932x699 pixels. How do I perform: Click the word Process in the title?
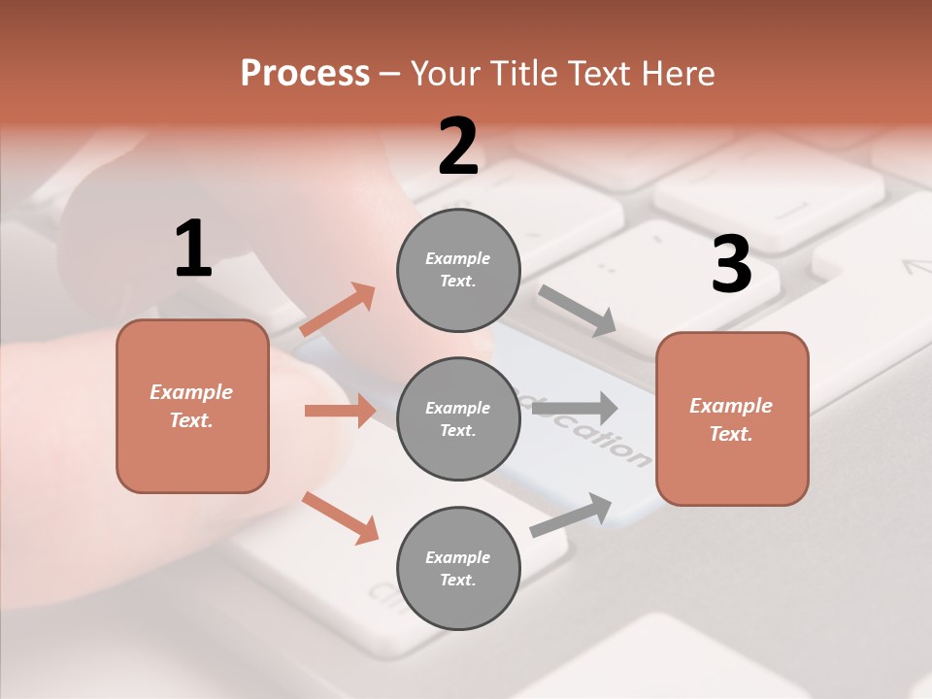[x=305, y=74]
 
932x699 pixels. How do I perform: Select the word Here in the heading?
[x=677, y=74]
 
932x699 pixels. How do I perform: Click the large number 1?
[x=193, y=250]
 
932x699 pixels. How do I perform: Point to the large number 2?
[x=458, y=147]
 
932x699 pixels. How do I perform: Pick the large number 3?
[x=731, y=265]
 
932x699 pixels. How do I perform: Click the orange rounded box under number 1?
[x=192, y=406]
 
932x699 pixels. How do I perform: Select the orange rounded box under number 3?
[x=732, y=419]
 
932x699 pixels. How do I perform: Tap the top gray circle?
[x=458, y=270]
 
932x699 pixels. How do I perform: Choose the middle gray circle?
[x=458, y=419]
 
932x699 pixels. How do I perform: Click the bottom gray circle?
[x=458, y=569]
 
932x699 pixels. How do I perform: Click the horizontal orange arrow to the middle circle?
[x=340, y=411]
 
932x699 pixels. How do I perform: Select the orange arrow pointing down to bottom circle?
[x=341, y=517]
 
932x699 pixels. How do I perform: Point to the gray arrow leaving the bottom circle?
[x=571, y=515]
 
